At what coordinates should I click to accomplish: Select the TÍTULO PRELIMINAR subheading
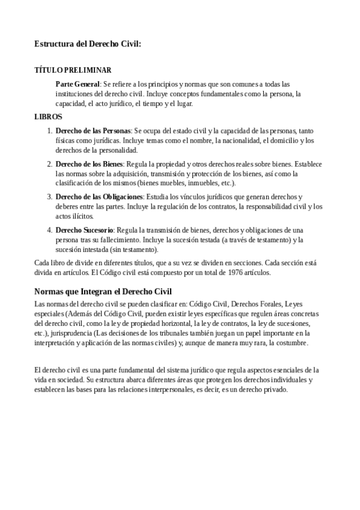coord(73,70)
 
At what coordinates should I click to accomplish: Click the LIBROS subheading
coord(48,117)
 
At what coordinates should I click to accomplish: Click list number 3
coord(50,196)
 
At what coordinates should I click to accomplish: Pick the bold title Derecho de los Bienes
coord(89,164)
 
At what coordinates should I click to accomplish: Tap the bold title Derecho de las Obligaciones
coord(99,196)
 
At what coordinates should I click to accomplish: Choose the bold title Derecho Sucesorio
coord(84,230)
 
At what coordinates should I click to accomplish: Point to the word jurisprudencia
coord(69,333)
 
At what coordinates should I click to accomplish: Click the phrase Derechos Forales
coord(257,303)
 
